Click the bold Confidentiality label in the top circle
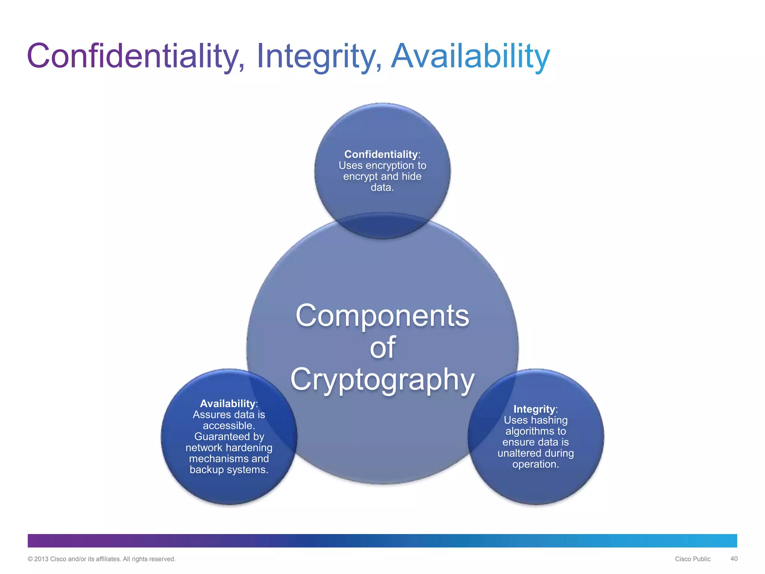(381, 154)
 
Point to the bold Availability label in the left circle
(227, 404)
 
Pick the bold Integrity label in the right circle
(534, 409)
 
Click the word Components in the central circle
(382, 316)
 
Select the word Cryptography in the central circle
(382, 379)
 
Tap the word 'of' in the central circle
(382, 348)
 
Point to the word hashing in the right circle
(549, 420)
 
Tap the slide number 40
(734, 559)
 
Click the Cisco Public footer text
(693, 559)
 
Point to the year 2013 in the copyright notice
(41, 559)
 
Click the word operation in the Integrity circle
(535, 465)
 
